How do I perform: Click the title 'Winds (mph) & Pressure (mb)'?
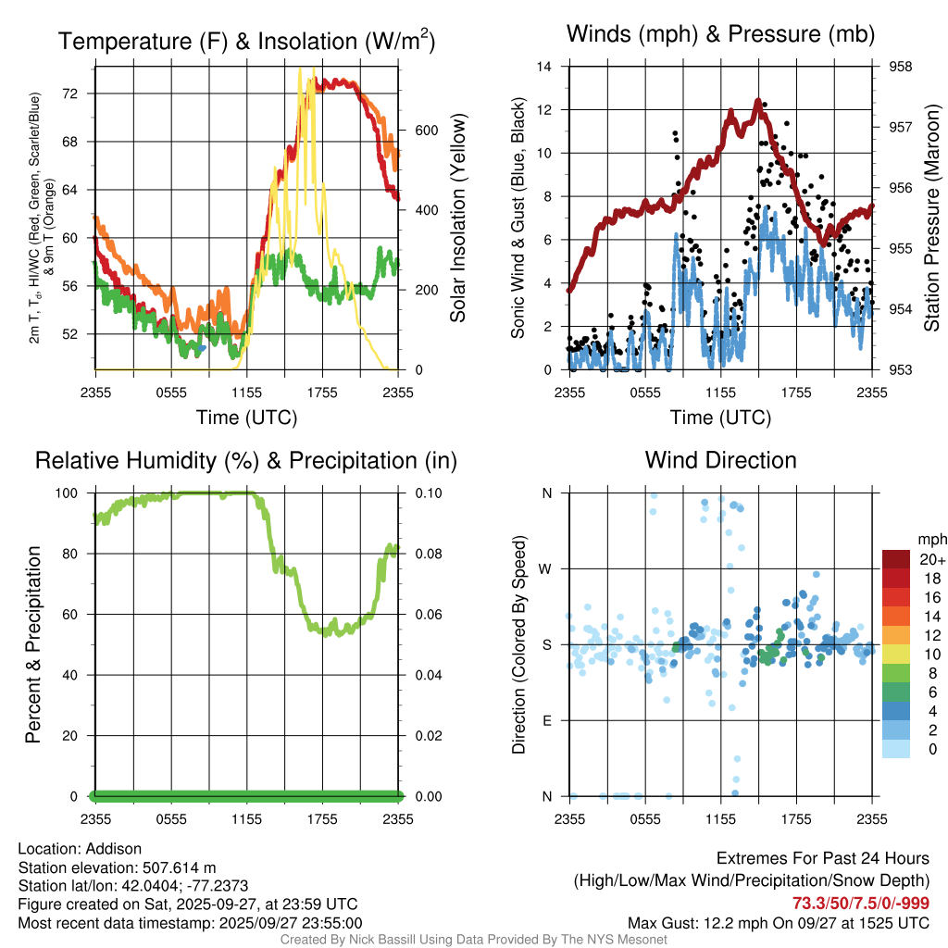(721, 34)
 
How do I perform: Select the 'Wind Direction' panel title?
(721, 460)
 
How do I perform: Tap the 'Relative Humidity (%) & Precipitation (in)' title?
(246, 460)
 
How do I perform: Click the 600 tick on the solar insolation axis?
(427, 130)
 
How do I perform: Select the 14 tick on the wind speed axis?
(545, 67)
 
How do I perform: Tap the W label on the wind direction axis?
(546, 568)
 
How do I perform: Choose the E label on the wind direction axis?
(547, 720)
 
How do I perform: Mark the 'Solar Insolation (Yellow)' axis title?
(457, 218)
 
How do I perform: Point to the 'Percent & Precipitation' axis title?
(32, 643)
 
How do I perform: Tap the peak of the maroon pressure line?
(758, 101)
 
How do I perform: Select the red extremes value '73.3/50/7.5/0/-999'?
(860, 903)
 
